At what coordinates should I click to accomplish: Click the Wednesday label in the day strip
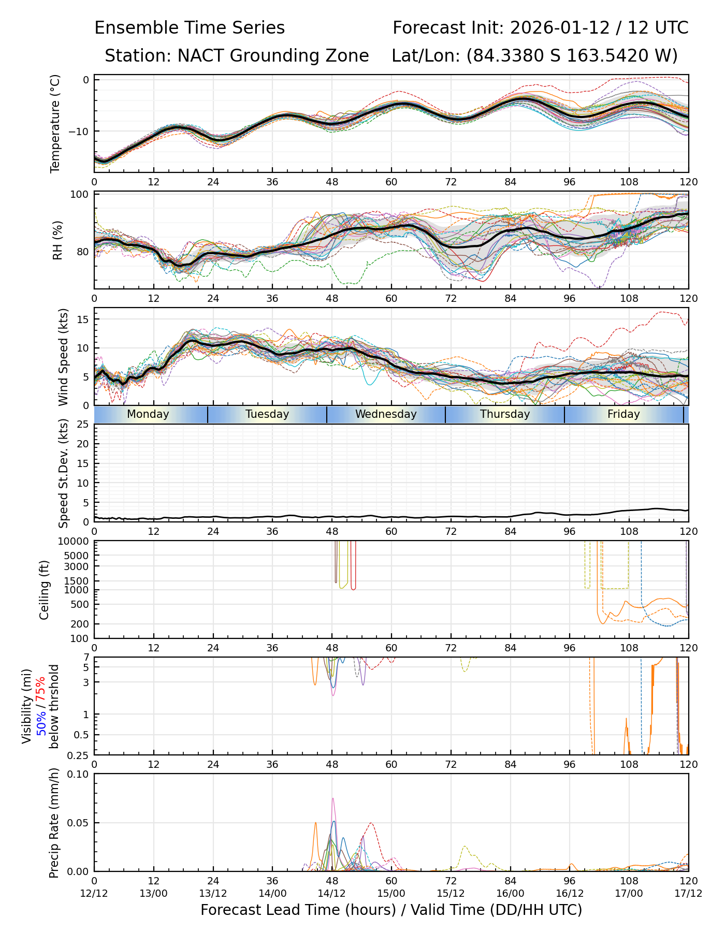click(x=386, y=414)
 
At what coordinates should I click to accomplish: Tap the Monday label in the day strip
click(x=148, y=414)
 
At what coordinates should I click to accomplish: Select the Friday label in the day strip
click(x=624, y=414)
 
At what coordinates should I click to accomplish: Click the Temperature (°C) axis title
click(x=55, y=123)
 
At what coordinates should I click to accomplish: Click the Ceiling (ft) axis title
click(x=45, y=590)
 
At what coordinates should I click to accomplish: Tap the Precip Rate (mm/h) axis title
click(x=54, y=823)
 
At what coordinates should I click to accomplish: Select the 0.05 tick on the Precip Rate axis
click(x=79, y=823)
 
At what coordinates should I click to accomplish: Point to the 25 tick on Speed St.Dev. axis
click(x=83, y=425)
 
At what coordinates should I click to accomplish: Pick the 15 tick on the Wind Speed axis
click(x=83, y=319)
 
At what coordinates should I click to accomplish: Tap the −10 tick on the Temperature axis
click(x=79, y=131)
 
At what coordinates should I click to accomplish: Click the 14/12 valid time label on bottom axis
click(x=332, y=894)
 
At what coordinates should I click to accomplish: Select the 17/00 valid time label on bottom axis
click(x=629, y=894)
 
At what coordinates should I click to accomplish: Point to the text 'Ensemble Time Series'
click(x=190, y=28)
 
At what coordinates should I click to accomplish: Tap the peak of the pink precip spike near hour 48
click(x=333, y=798)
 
